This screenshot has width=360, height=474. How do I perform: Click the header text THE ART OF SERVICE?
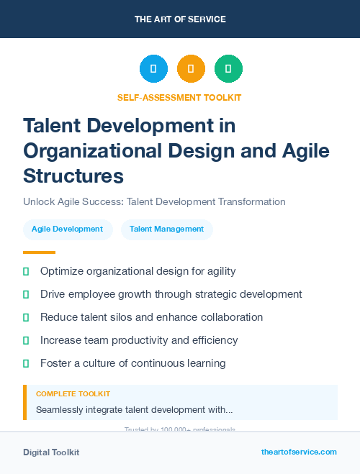(x=180, y=19)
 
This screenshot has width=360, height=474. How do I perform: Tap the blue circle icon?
(x=153, y=69)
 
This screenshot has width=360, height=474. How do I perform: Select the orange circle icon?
(x=191, y=69)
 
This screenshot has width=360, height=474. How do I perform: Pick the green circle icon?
(x=228, y=69)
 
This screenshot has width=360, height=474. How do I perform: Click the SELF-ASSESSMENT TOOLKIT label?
(x=179, y=97)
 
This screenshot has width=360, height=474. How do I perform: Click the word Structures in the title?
(x=73, y=176)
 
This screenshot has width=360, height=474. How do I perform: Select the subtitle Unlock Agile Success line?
(x=154, y=201)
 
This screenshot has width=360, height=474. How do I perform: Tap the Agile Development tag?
(x=68, y=229)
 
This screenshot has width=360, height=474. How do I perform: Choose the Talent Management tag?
(x=166, y=229)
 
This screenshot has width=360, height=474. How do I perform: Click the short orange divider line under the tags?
(x=39, y=252)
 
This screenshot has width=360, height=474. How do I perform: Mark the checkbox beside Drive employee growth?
(x=27, y=294)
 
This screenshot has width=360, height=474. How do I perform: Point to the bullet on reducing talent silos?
(x=151, y=317)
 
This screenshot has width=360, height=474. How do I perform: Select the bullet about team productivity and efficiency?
(x=139, y=340)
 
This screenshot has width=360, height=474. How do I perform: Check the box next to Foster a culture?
(x=27, y=363)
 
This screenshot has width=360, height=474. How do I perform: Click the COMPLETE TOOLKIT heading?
(x=73, y=394)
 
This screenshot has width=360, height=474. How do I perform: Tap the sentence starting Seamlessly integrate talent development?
(x=134, y=410)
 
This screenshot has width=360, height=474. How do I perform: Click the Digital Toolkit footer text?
(x=51, y=452)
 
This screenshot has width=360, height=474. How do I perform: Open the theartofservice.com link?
(x=299, y=452)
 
